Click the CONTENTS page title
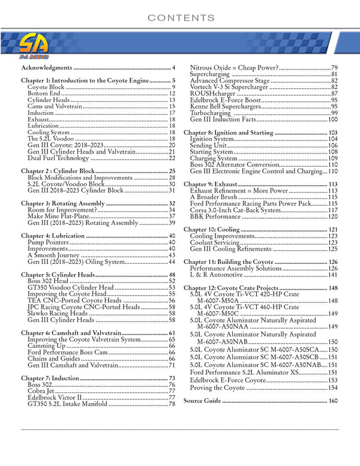[180, 17]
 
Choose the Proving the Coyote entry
[217, 388]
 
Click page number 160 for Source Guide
[333, 401]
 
